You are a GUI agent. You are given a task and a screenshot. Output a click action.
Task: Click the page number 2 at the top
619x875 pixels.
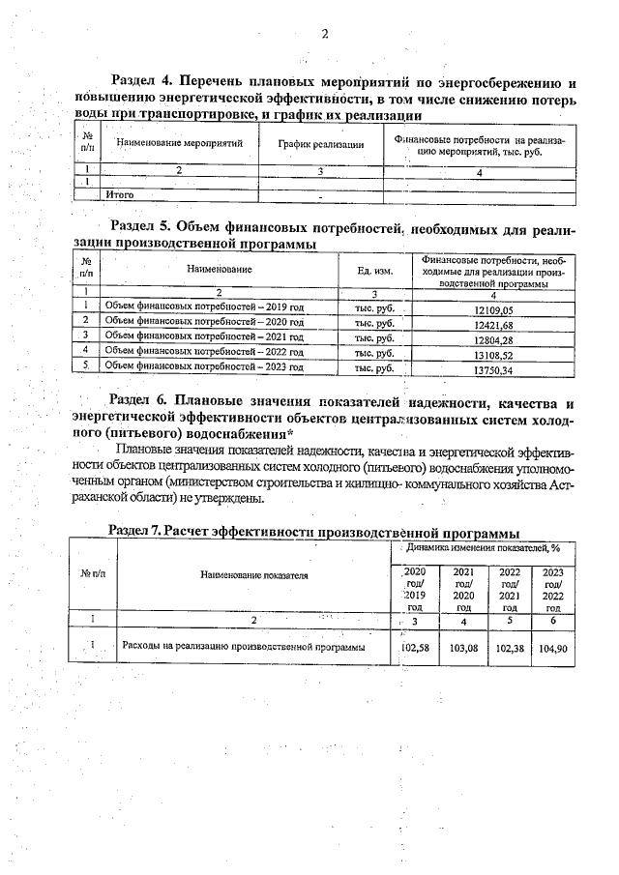tap(325, 34)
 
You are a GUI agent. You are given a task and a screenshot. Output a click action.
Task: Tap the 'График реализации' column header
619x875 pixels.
tap(320, 145)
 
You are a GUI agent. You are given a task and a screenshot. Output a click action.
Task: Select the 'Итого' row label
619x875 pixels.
tap(119, 195)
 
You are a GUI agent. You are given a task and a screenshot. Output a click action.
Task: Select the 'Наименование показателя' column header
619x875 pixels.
tap(253, 574)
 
